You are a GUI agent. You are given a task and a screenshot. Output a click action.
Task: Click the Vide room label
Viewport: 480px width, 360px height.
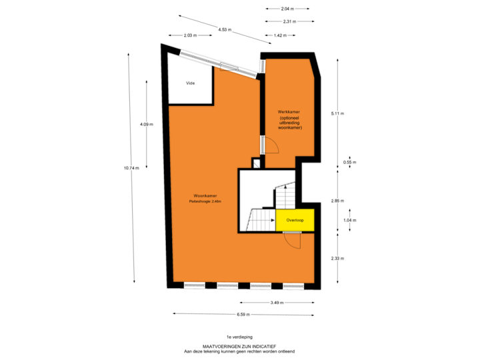pos(191,83)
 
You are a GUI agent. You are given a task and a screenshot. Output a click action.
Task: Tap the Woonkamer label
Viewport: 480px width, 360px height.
pos(205,195)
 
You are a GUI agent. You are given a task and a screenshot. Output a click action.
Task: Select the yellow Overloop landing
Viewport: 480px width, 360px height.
pos(295,220)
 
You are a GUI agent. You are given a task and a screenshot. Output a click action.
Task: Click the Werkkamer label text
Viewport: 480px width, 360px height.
pos(289,112)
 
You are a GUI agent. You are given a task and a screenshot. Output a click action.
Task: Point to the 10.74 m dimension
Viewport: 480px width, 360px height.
pos(131,168)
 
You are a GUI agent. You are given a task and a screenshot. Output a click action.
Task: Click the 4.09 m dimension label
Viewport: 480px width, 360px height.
pos(146,124)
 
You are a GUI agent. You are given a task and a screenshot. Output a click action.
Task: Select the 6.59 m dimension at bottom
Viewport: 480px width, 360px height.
pos(243,315)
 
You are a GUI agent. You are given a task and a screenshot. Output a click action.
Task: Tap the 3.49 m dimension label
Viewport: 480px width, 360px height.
pos(277,303)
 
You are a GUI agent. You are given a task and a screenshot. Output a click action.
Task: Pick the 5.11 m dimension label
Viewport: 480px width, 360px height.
pos(337,113)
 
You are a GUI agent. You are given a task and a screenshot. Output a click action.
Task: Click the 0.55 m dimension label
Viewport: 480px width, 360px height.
pos(349,162)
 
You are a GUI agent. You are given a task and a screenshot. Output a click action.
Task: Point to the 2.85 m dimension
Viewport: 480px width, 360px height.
pos(337,201)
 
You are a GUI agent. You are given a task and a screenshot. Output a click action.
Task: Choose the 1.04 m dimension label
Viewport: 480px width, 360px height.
pos(349,220)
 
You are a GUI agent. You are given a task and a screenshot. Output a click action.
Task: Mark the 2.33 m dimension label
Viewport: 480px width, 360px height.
pos(337,259)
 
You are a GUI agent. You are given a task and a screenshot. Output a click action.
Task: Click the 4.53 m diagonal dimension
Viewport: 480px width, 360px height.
pos(225,30)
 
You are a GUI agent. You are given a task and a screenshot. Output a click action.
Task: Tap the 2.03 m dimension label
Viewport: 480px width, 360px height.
pos(190,35)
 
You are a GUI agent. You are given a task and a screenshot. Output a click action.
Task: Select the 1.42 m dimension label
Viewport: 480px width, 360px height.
pos(280,35)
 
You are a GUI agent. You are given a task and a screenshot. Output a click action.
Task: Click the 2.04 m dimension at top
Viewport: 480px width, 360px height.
pos(287,9)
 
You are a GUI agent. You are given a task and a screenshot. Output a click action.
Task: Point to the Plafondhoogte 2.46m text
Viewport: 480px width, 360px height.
pos(205,201)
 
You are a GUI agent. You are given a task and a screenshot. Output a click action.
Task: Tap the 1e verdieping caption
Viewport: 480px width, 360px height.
pos(239,337)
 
